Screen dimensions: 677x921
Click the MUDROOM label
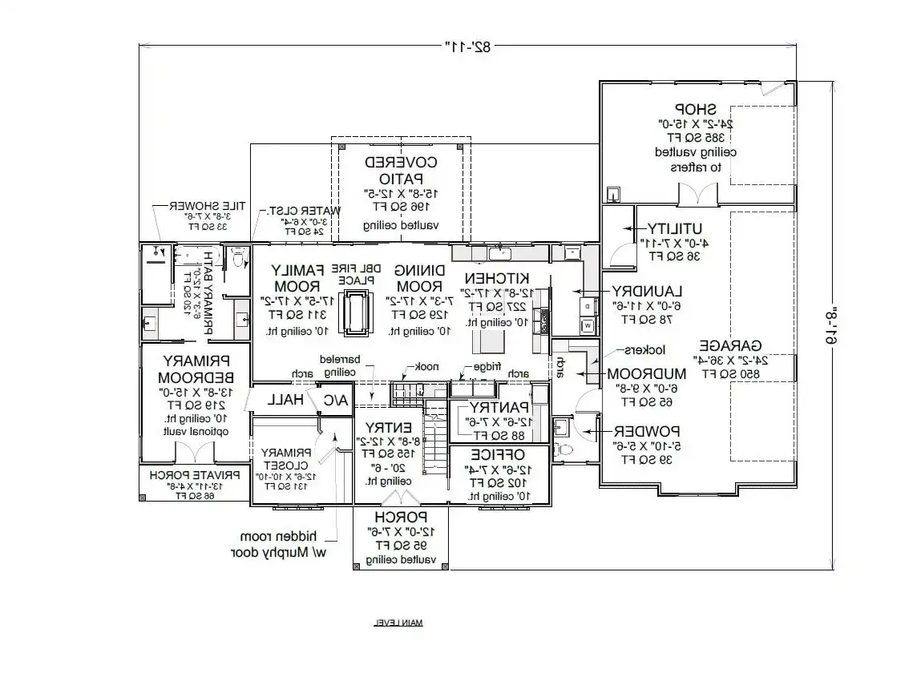click(646, 373)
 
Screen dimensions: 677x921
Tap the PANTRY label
click(500, 408)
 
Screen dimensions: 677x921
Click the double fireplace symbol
click(355, 312)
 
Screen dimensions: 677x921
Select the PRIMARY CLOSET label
click(285, 457)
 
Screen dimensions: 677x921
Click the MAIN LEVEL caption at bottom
click(398, 623)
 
